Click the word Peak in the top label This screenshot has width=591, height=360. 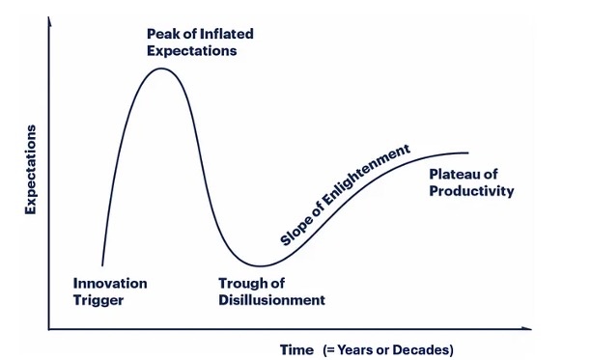click(162, 34)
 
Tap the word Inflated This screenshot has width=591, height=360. click(224, 34)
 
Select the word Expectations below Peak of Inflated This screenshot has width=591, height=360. click(191, 50)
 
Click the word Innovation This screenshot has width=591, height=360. click(110, 283)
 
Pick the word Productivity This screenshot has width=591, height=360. click(471, 191)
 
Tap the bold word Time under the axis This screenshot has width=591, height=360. click(296, 348)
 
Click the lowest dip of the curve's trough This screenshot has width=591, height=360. click(259, 265)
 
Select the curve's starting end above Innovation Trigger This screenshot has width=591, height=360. click(101, 263)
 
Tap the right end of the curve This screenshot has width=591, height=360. click(468, 152)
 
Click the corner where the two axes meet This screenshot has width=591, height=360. click(48, 330)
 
